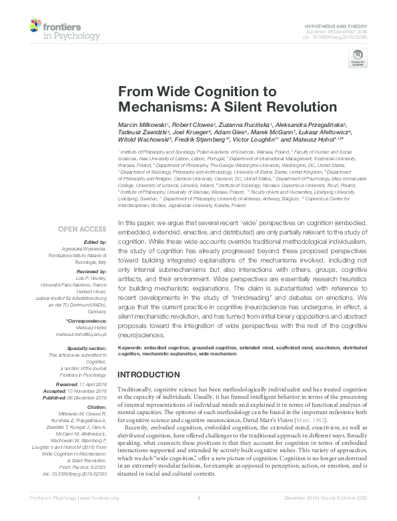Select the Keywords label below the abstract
tap(133, 348)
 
